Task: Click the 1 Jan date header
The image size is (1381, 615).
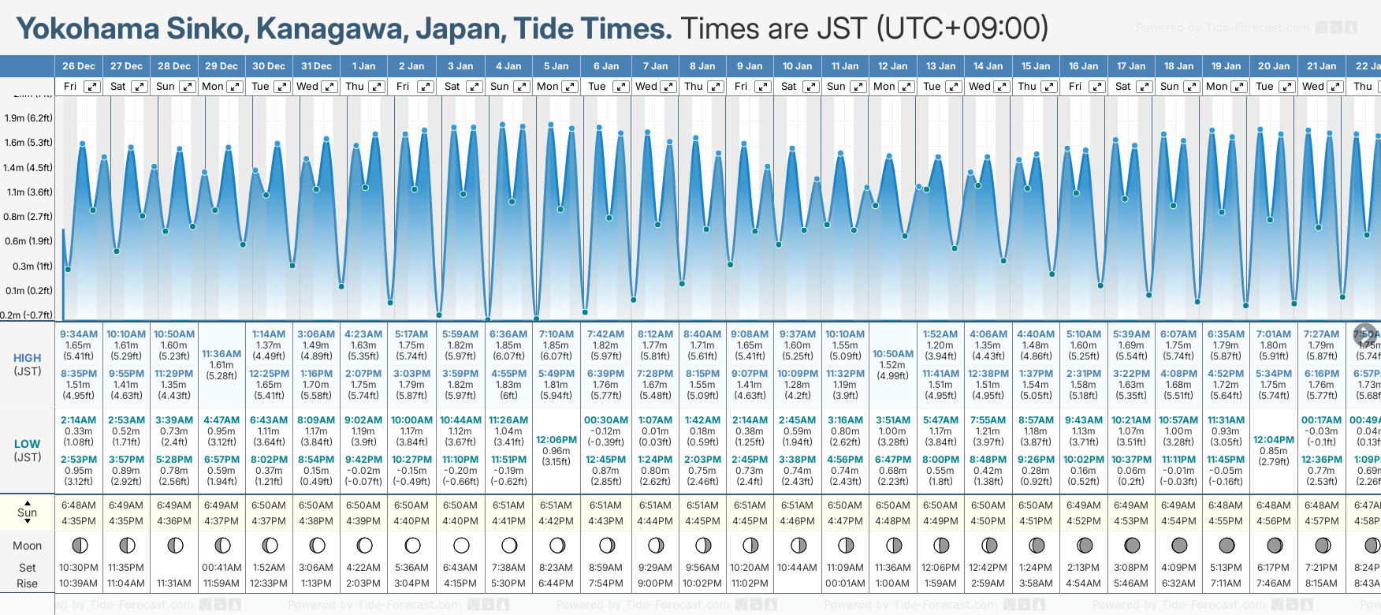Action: [x=363, y=66]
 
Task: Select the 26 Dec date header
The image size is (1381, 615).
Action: [x=79, y=66]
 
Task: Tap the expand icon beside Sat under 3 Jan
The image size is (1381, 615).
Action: [x=474, y=87]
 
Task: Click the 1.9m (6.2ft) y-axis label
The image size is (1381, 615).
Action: [x=28, y=118]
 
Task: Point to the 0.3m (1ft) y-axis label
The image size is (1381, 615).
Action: [x=28, y=266]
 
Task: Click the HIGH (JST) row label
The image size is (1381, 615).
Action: [x=28, y=364]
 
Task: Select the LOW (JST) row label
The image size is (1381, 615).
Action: [x=28, y=450]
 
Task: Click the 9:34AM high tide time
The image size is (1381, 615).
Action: [x=79, y=334]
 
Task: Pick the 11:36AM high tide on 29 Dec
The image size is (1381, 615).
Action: [x=221, y=354]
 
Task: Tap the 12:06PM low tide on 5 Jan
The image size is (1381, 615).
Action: [x=556, y=440]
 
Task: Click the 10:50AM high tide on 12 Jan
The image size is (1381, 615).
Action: [x=892, y=354]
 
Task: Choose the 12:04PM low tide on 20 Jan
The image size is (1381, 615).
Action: [x=1274, y=440]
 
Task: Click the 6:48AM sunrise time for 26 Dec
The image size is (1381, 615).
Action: [x=79, y=505]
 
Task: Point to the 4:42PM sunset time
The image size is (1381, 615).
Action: [x=556, y=521]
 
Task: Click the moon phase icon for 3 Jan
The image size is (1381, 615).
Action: [x=461, y=545]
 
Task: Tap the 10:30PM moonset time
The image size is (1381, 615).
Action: [x=79, y=568]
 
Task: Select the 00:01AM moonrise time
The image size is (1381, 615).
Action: [x=845, y=583]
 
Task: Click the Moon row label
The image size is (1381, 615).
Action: [x=28, y=546]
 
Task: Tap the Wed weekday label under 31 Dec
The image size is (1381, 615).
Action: [x=307, y=87]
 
